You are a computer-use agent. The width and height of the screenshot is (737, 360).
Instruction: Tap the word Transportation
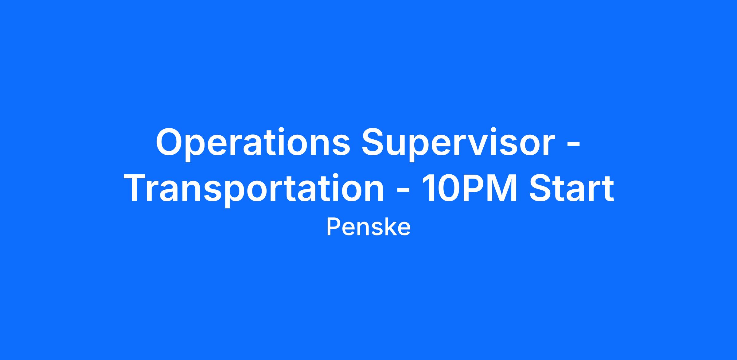(255, 188)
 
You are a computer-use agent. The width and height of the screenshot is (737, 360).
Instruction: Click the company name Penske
(368, 227)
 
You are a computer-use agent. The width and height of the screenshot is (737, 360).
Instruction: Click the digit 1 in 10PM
(428, 188)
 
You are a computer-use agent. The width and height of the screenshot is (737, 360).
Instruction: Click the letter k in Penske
(388, 227)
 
